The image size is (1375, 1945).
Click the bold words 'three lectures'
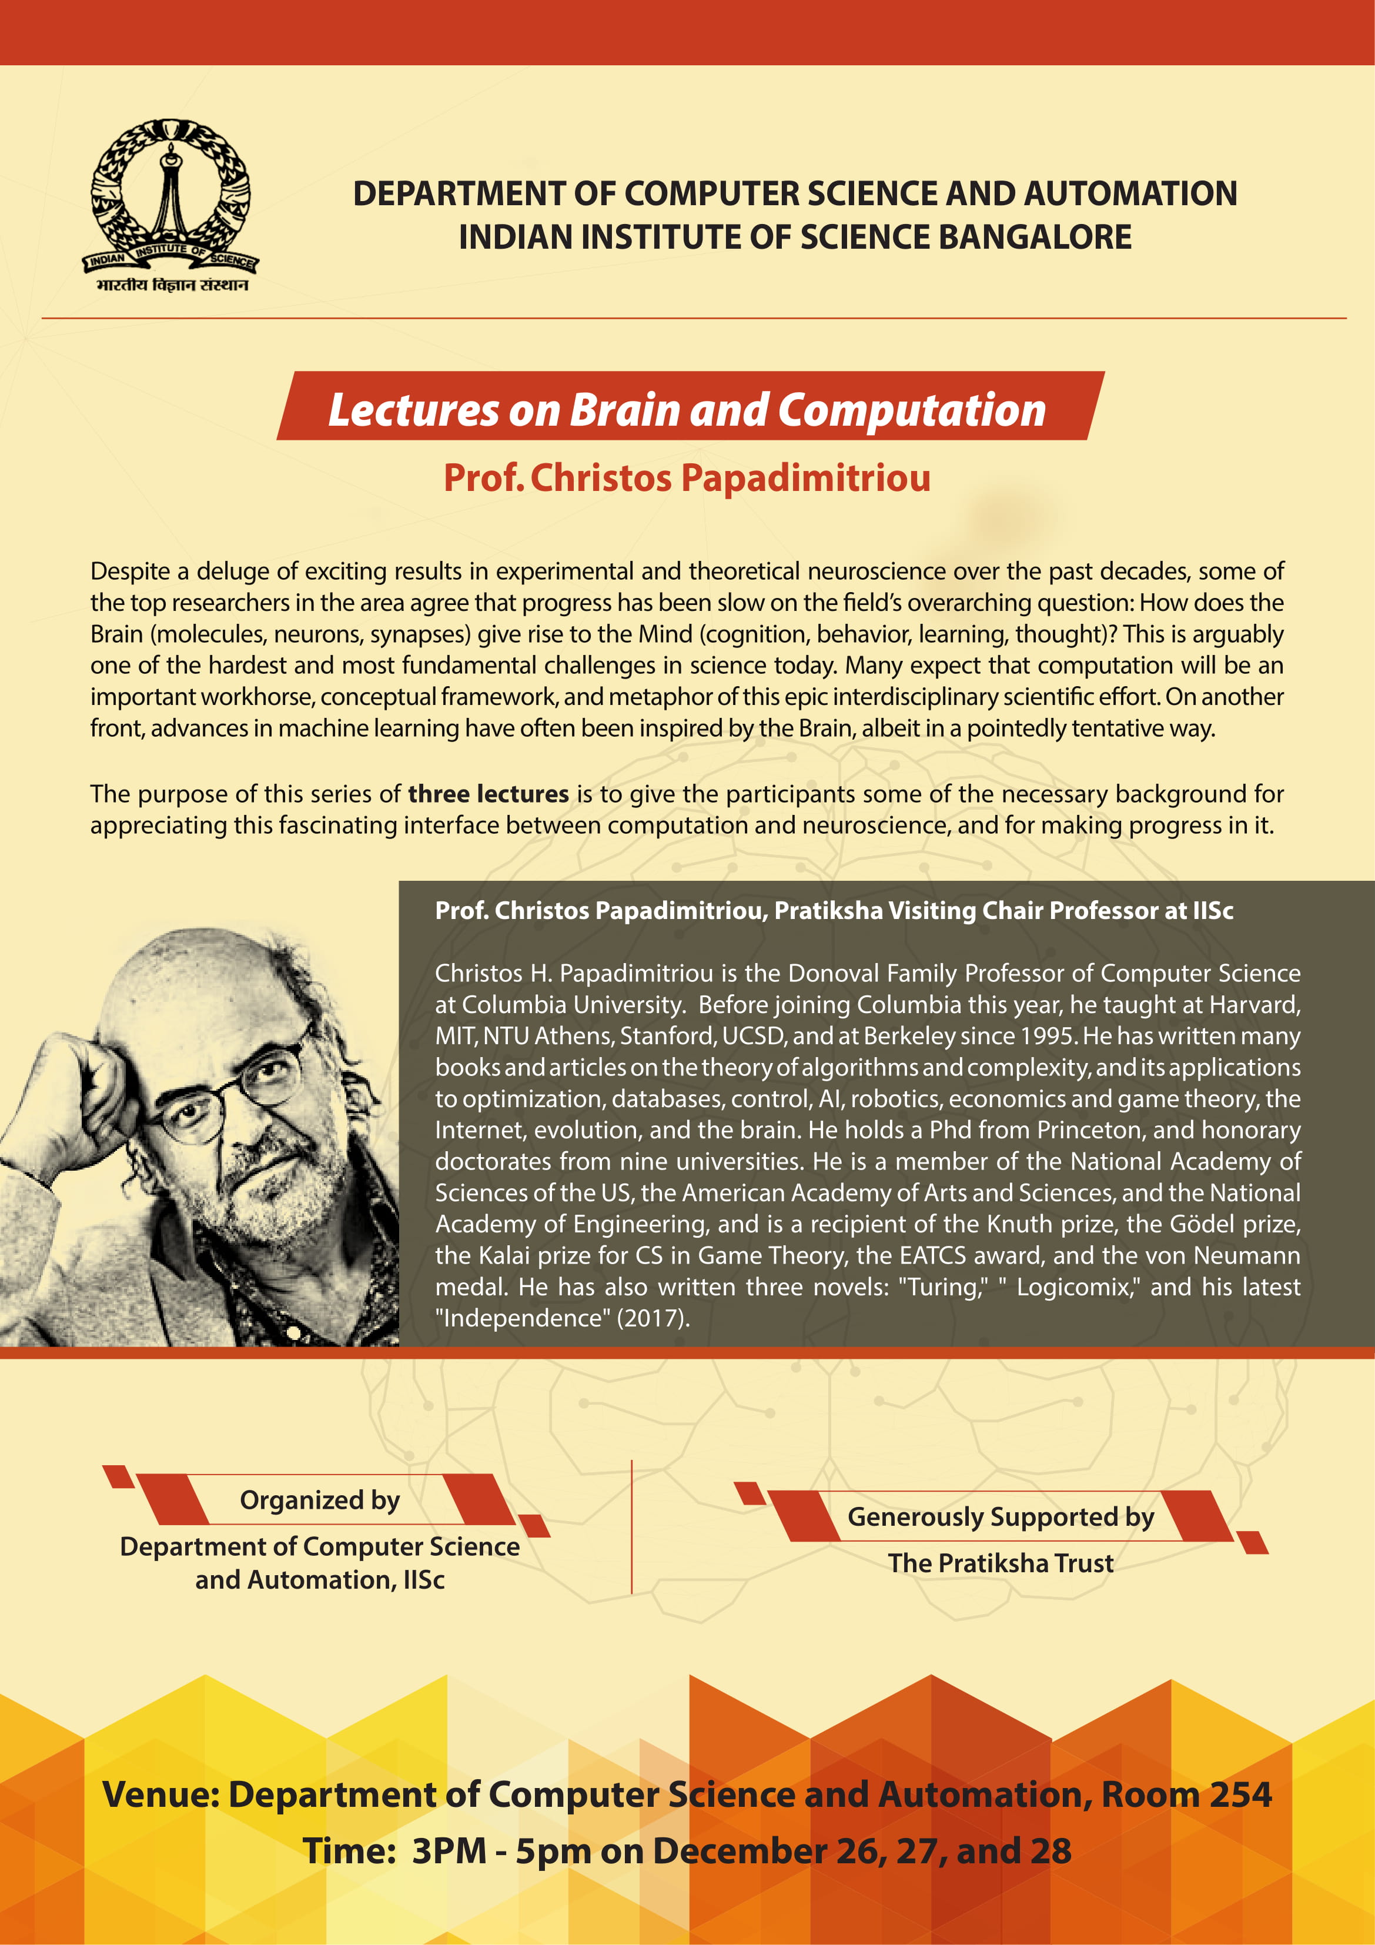(488, 794)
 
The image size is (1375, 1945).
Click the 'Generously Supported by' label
(1001, 1516)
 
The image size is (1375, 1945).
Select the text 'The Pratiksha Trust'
(1001, 1563)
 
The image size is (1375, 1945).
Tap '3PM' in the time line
(449, 1851)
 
